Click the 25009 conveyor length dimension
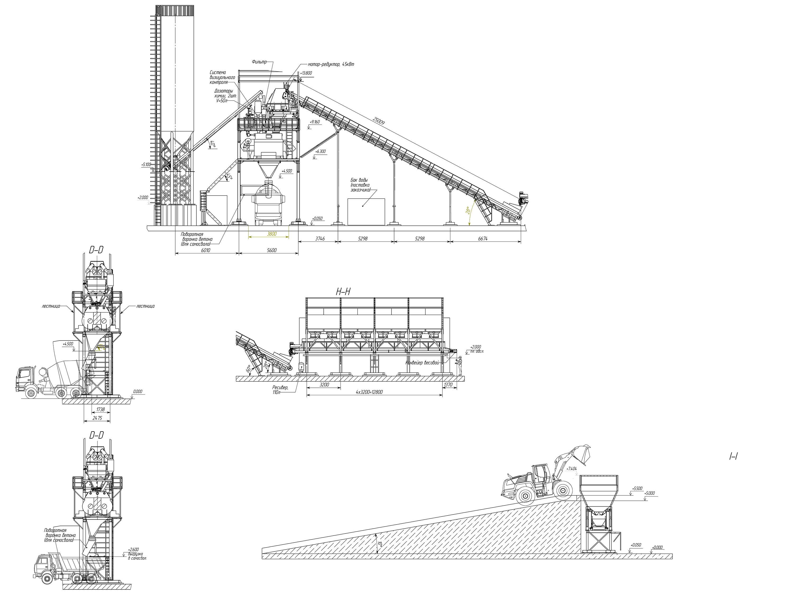379,120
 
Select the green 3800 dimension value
272,234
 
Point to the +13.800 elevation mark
306,73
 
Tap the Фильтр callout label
259,62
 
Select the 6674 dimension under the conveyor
483,238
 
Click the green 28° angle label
468,210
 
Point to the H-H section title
343,292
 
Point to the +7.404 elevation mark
572,469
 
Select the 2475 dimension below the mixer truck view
97,418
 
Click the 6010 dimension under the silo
205,250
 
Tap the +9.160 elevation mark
315,122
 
